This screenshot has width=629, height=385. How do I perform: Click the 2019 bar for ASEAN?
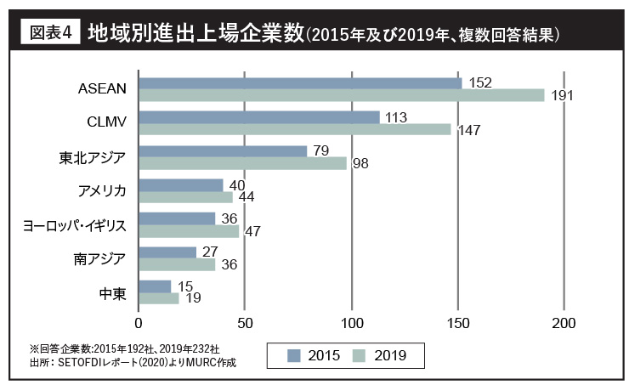click(x=341, y=95)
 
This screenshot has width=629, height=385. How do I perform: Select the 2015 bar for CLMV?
click(x=258, y=117)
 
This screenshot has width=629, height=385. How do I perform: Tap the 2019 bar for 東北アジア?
click(x=242, y=163)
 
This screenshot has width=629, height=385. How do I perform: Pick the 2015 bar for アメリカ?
click(x=180, y=185)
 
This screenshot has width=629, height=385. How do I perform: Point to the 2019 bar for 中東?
click(x=158, y=298)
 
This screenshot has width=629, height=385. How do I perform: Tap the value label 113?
click(x=396, y=117)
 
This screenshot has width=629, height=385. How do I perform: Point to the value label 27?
click(x=211, y=252)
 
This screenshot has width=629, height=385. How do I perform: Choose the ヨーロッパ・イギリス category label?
click(x=75, y=225)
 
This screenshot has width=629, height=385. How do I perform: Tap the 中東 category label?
click(x=113, y=293)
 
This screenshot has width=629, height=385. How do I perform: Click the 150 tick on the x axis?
click(x=457, y=324)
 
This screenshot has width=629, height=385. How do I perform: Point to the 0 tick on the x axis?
click(x=139, y=324)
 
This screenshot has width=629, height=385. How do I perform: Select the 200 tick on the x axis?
click(x=564, y=324)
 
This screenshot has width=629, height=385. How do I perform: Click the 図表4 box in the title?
click(x=48, y=34)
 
